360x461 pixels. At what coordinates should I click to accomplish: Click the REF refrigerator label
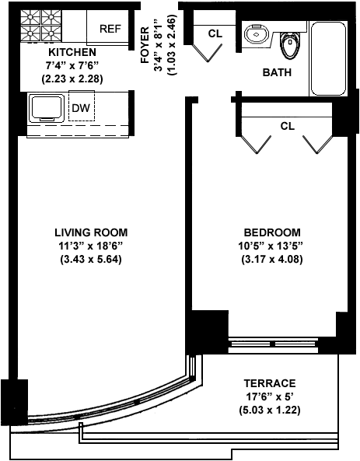click(x=110, y=29)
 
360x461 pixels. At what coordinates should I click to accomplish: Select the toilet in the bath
click(x=289, y=45)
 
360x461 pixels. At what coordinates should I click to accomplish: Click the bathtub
click(x=328, y=58)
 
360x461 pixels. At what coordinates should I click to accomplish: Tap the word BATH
click(x=277, y=72)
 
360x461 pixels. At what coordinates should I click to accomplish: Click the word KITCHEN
click(x=72, y=52)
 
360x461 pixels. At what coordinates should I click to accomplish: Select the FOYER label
click(x=145, y=44)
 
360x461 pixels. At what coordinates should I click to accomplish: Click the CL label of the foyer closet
click(x=215, y=33)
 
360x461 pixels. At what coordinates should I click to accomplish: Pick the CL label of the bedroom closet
click(x=288, y=126)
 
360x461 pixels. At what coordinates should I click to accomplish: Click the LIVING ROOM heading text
click(x=91, y=232)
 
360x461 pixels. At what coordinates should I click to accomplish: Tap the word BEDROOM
click(x=272, y=232)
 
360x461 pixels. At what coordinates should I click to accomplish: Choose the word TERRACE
click(x=270, y=383)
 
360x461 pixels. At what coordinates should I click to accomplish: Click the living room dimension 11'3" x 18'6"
click(x=91, y=246)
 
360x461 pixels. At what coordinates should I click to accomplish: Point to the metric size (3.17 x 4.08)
click(x=272, y=260)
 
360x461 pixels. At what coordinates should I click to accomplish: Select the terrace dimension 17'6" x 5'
click(x=270, y=397)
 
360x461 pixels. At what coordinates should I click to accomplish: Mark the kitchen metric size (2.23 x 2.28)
click(x=72, y=79)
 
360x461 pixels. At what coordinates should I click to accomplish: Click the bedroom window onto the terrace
click(x=273, y=343)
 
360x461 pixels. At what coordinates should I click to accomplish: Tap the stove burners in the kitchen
click(x=41, y=26)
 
